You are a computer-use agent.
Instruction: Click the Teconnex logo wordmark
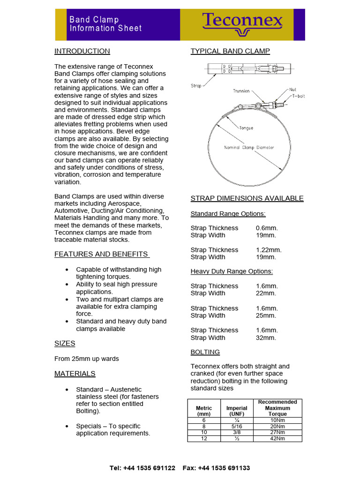tap(242, 21)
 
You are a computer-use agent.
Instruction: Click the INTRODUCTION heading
tap(82, 51)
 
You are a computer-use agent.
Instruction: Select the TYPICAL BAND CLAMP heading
tap(230, 51)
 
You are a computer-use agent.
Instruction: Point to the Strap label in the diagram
tap(196, 86)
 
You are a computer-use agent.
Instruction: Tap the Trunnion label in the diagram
tap(241, 91)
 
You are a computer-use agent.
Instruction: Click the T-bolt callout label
tap(298, 96)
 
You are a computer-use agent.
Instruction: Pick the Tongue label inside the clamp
tap(246, 127)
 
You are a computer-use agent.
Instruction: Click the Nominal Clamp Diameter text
tap(249, 148)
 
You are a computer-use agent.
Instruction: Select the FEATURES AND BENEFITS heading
tap(102, 254)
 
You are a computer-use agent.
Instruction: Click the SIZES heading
tap(65, 343)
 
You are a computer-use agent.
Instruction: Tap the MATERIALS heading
tap(75, 374)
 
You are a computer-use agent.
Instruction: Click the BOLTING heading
tap(205, 352)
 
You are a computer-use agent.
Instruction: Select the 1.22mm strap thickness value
tap(269, 250)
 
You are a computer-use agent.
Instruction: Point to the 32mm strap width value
tap(266, 337)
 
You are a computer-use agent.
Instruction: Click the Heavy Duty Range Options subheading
tap(232, 271)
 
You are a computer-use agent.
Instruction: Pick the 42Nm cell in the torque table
tap(277, 438)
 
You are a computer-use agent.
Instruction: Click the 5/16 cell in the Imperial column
tap(237, 426)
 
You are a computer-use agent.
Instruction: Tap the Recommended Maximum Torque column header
tap(277, 408)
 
